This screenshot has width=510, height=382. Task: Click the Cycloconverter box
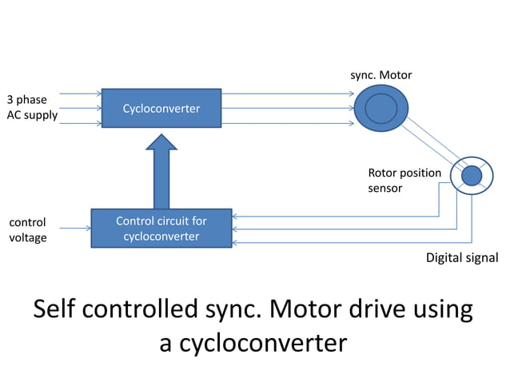161,108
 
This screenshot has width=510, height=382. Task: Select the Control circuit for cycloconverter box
161,229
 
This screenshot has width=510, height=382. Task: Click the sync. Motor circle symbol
381,108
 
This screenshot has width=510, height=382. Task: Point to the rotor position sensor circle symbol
471,175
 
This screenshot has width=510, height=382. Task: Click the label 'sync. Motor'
381,75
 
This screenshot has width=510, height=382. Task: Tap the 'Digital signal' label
461,257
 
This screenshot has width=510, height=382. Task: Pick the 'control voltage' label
28,229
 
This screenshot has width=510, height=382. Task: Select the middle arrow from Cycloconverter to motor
288,109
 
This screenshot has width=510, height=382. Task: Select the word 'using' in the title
441,310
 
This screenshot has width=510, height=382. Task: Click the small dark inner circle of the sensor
472,175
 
